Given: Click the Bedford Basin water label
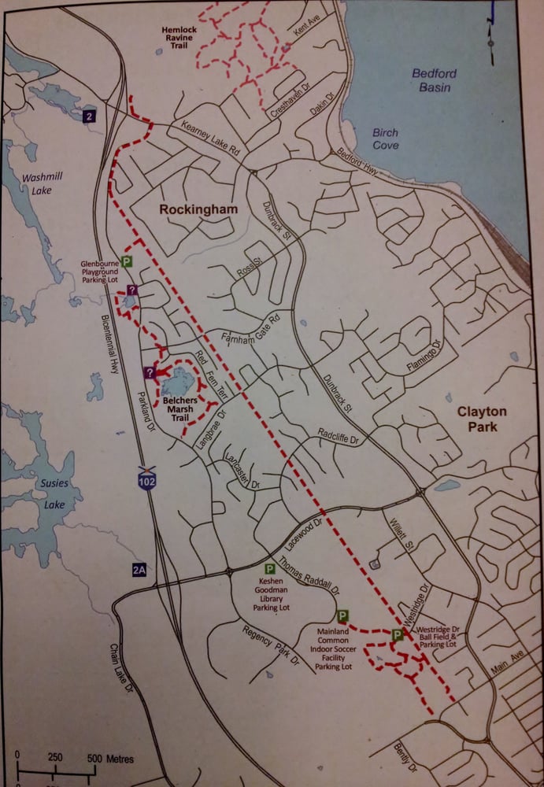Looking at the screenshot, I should click(434, 79).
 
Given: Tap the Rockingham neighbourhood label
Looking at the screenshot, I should click(195, 209).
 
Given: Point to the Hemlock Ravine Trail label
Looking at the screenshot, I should click(183, 37).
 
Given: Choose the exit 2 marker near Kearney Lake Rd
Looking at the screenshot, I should click(91, 116).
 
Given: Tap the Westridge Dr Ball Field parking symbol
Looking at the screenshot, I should click(397, 634).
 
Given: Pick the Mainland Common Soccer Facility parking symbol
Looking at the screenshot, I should click(342, 616).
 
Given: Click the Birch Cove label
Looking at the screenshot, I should click(385, 139).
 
